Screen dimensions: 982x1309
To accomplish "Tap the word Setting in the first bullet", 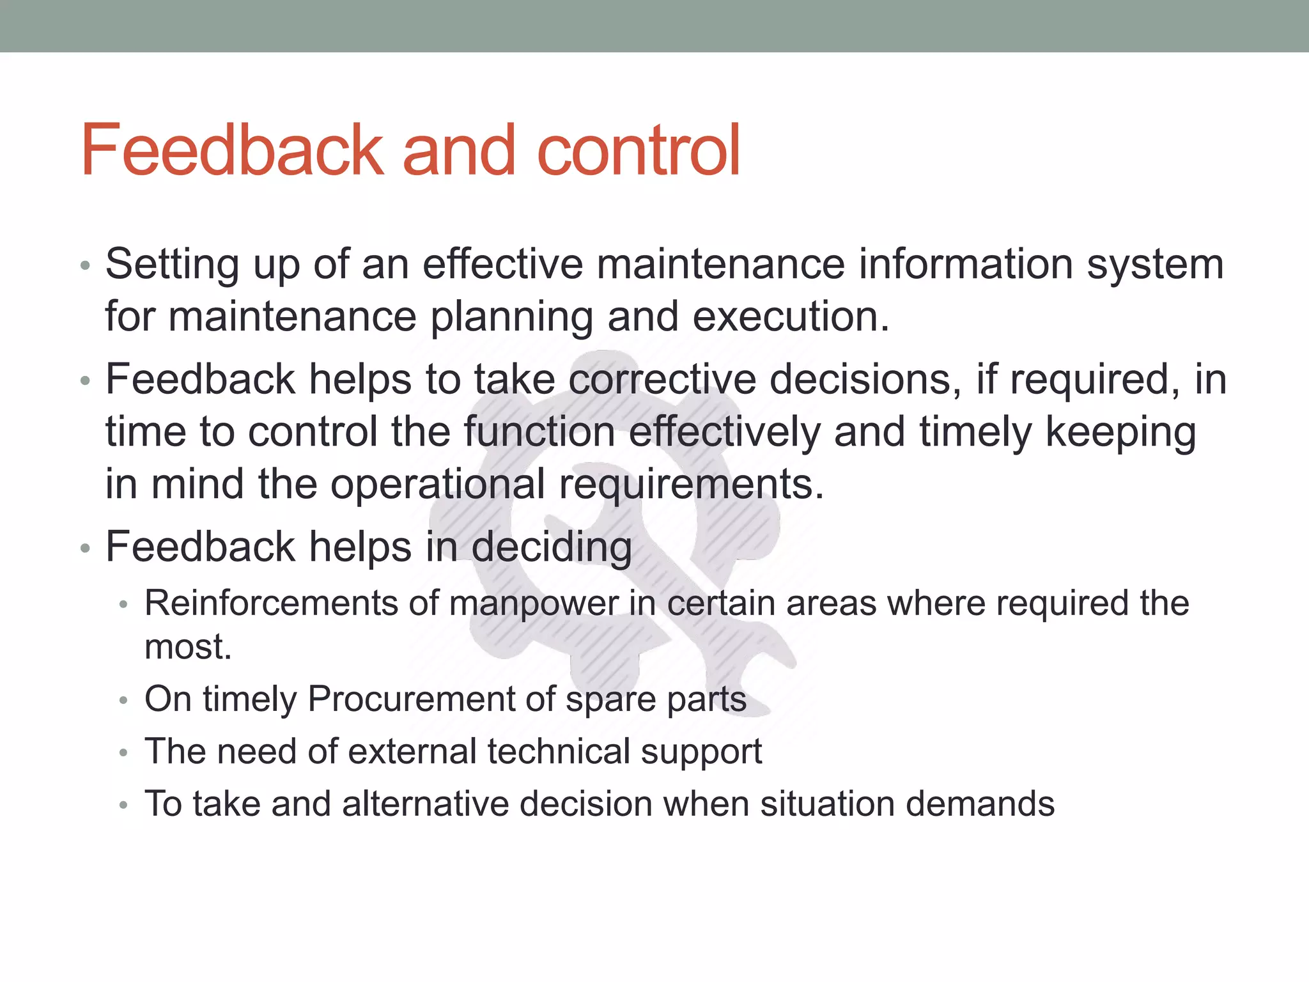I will coord(172,265).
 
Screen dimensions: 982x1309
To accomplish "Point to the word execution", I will coord(791,317).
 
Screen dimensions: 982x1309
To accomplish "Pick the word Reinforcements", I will coord(271,604).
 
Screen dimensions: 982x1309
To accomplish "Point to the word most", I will coord(187,647).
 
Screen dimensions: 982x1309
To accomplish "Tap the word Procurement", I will coord(410,699).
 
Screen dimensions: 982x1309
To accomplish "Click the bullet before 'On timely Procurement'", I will coord(124,701).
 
